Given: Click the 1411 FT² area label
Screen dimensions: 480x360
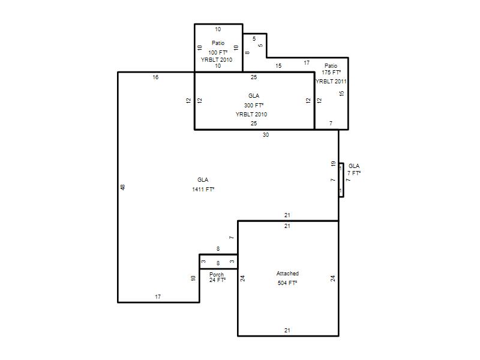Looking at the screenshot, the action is point(203,189).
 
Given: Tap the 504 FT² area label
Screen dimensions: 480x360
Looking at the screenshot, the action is point(287,283).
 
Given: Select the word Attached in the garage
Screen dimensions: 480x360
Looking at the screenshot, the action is point(287,274).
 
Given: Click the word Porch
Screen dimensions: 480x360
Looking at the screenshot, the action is point(217,274).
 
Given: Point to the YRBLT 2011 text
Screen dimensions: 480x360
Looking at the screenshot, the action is point(331,82).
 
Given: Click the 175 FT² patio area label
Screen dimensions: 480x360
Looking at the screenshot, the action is point(331,72).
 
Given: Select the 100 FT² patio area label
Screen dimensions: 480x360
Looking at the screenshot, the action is point(218,52).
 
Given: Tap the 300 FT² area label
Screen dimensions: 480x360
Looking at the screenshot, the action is point(253,106).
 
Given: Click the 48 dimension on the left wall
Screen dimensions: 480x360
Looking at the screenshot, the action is point(123,187).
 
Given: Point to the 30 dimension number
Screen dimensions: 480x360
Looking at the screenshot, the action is point(265,134).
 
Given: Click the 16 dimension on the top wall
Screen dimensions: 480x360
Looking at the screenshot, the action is point(155,77).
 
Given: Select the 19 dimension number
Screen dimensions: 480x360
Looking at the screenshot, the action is point(334,164).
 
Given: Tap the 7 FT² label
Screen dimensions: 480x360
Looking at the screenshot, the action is point(354,173).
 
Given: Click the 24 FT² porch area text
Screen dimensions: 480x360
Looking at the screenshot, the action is point(217,280).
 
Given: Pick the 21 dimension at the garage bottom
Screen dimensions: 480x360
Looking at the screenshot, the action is point(287,331).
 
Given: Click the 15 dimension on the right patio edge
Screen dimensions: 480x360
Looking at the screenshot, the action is point(341,93).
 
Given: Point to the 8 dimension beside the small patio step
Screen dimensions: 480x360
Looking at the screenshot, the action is point(247,53).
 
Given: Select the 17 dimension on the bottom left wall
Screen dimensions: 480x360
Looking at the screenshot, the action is point(158,296).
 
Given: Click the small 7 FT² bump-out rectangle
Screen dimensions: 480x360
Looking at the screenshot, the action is point(341,180).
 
